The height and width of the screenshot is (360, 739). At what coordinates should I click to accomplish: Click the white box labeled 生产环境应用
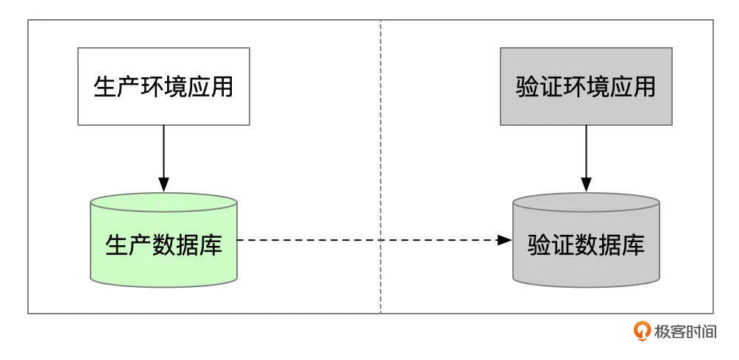click(163, 85)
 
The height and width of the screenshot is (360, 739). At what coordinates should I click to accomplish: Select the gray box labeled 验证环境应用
click(586, 85)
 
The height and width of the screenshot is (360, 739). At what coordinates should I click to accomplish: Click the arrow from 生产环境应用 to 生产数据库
click(164, 155)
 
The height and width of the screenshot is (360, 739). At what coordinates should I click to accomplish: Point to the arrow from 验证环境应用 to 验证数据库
click(587, 155)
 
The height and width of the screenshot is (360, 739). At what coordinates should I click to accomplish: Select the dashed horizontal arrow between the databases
click(368, 240)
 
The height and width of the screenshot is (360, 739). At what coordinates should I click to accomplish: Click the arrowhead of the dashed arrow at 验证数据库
click(504, 240)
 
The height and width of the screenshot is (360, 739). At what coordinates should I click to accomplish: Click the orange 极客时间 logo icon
click(642, 331)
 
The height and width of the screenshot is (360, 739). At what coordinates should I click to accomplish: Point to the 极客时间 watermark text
click(685, 332)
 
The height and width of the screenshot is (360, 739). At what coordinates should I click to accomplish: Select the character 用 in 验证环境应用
click(645, 86)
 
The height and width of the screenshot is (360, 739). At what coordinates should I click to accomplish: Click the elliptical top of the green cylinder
click(163, 202)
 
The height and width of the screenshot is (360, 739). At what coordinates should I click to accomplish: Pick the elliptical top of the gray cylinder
click(586, 202)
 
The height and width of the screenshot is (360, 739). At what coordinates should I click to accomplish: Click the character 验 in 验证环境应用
click(527, 86)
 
